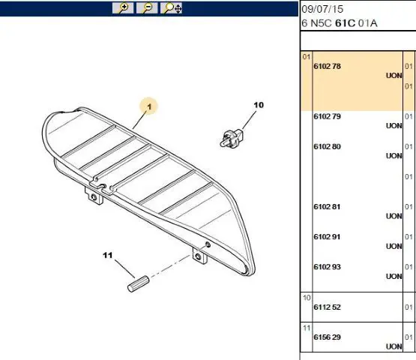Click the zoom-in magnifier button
[x=123, y=8]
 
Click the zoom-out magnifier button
[x=147, y=8]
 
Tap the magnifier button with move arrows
[x=171, y=8]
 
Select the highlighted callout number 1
[x=149, y=106]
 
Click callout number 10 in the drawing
[x=259, y=105]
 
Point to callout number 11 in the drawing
[x=107, y=256]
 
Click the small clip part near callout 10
[x=231, y=139]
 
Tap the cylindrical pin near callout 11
[x=138, y=283]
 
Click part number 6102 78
[x=327, y=66]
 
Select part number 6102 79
[x=327, y=116]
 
